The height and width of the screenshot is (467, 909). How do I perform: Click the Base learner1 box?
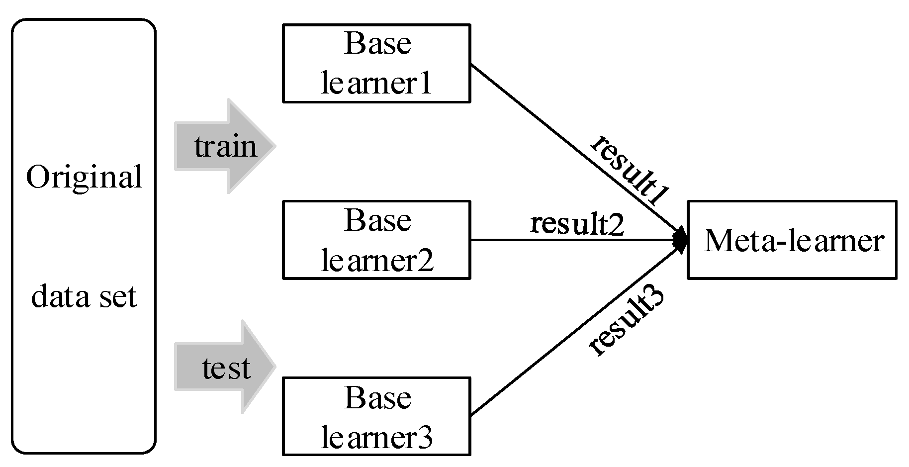click(x=376, y=63)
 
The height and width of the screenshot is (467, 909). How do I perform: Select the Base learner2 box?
click(x=376, y=240)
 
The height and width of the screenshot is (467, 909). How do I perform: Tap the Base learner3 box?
click(x=376, y=416)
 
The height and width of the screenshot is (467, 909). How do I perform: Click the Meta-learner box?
click(x=792, y=240)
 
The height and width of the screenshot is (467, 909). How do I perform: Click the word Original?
click(x=84, y=178)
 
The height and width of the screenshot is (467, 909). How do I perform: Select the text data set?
click(x=84, y=297)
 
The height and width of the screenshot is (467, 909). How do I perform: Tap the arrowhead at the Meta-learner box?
click(x=681, y=240)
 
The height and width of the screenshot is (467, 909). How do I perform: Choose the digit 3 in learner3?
click(x=425, y=438)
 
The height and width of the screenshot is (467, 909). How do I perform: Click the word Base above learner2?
click(x=377, y=220)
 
